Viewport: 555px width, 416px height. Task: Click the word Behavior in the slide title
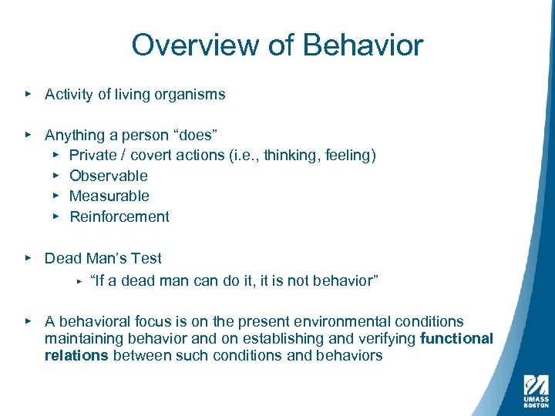[363, 45]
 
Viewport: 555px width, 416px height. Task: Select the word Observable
[109, 176]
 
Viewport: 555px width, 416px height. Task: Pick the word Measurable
[109, 196]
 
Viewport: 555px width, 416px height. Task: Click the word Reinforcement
[119, 216]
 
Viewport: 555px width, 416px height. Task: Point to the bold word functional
[457, 339]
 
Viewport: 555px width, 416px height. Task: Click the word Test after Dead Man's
[146, 258]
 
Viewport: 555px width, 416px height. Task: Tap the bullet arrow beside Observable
[55, 176]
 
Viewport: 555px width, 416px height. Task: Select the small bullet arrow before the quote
[79, 281]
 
